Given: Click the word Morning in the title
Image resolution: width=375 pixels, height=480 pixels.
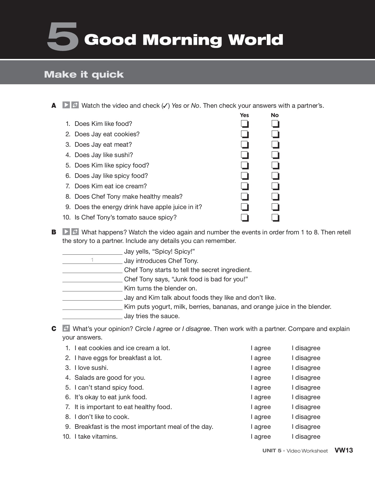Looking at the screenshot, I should coord(182,40).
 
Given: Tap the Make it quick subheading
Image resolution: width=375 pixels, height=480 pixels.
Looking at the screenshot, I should coord(84,74).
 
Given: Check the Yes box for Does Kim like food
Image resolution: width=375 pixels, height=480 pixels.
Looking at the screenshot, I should coord(245,124).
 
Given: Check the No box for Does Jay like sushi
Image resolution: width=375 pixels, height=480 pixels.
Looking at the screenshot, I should coord(275,155).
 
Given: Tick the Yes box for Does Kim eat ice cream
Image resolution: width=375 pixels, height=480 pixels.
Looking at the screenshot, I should coord(245,186).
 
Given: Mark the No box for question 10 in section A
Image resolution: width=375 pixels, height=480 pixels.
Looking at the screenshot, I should coord(275,218).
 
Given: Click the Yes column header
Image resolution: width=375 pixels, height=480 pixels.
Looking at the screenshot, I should coord(244,115).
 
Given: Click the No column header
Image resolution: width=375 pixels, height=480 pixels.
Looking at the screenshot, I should coord(275,115).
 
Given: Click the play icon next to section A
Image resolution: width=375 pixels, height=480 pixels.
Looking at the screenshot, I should coord(66,105).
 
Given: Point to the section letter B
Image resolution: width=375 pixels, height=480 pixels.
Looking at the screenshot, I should coord(54,232).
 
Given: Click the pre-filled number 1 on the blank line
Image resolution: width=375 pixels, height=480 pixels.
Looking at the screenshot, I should coord(92,260).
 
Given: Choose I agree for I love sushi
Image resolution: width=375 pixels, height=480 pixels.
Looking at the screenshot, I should coord(261,368).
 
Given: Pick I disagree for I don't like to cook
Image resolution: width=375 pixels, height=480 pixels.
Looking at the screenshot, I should coord(306,417).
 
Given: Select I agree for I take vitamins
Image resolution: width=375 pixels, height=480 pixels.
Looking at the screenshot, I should coord(261,437).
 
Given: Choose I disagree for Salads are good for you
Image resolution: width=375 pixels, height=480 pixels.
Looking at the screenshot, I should coord(306,378).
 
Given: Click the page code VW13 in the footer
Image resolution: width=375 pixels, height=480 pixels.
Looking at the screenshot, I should coord(344,450).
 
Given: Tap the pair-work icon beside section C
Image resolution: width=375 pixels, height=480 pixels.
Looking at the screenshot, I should coord(66,328).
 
